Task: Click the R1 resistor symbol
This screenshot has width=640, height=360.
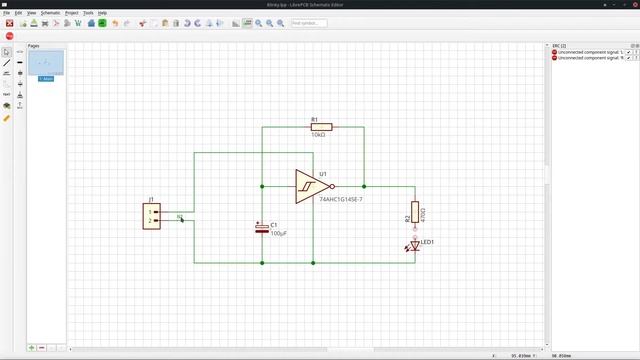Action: pyautogui.click(x=320, y=127)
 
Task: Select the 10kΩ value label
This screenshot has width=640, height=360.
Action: pyautogui.click(x=319, y=135)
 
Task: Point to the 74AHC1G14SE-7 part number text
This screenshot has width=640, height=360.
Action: pyautogui.click(x=341, y=200)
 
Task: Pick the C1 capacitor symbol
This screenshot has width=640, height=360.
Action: pyautogui.click(x=262, y=229)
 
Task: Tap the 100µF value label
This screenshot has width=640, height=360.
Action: pyautogui.click(x=280, y=233)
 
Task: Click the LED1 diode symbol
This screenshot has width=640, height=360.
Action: pyautogui.click(x=415, y=244)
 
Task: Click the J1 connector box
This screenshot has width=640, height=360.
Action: pyautogui.click(x=151, y=216)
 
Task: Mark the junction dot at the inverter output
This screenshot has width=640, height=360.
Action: pyautogui.click(x=365, y=186)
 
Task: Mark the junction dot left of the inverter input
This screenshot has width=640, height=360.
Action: pyautogui.click(x=262, y=186)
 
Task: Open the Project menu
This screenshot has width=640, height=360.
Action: pyautogui.click(x=72, y=13)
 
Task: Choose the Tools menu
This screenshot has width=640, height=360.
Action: pyautogui.click(x=89, y=13)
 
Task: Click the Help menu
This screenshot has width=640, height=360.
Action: pyautogui.click(x=102, y=13)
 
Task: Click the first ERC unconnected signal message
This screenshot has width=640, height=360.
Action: pyautogui.click(x=588, y=52)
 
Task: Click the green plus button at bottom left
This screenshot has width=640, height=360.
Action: pyautogui.click(x=32, y=347)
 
